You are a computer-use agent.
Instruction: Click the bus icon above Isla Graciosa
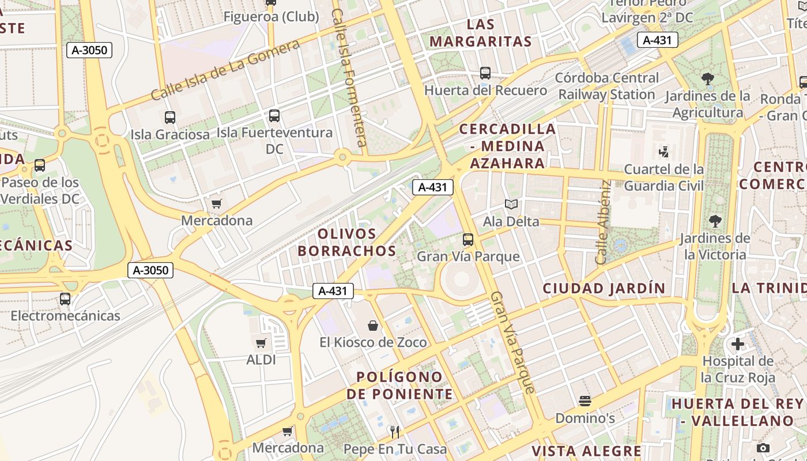170,118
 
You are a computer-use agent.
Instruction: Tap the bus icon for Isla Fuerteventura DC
274,116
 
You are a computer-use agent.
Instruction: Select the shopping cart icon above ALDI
261,343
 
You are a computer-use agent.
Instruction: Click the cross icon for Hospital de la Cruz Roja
738,345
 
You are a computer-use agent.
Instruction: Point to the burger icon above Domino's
585,401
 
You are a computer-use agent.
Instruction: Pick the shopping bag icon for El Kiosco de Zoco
373,326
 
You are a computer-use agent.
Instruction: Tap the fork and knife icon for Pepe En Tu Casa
395,432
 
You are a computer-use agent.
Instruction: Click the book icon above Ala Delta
511,204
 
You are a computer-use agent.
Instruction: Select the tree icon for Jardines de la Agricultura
708,79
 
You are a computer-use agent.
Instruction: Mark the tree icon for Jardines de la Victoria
715,221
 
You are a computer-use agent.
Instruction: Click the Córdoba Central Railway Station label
606,86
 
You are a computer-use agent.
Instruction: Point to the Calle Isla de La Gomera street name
225,70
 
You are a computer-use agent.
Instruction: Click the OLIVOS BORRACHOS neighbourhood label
347,243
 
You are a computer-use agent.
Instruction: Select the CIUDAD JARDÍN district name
604,288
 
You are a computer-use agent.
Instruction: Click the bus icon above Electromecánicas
65,299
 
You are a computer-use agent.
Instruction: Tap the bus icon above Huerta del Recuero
485,73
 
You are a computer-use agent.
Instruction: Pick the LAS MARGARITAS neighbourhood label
481,33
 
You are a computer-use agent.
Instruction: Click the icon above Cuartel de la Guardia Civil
663,152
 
